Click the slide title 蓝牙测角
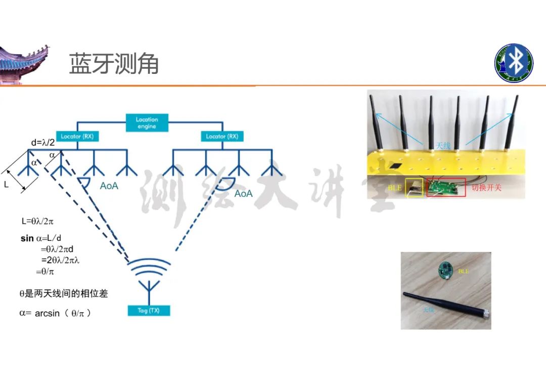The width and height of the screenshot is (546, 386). [114, 64]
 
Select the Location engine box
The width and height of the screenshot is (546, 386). [147, 123]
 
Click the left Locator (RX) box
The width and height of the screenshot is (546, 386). [77, 137]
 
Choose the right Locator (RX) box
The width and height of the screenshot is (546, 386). [222, 137]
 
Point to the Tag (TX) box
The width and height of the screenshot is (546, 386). [149, 311]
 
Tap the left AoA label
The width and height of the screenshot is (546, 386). [109, 186]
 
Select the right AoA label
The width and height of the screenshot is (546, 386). [243, 194]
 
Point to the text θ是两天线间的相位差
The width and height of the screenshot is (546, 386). [63, 293]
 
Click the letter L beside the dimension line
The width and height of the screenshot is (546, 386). [7, 185]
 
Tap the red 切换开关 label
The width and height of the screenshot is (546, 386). [486, 188]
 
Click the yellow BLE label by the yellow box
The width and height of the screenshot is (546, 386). [394, 188]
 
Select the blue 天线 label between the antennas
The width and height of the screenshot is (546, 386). [443, 146]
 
